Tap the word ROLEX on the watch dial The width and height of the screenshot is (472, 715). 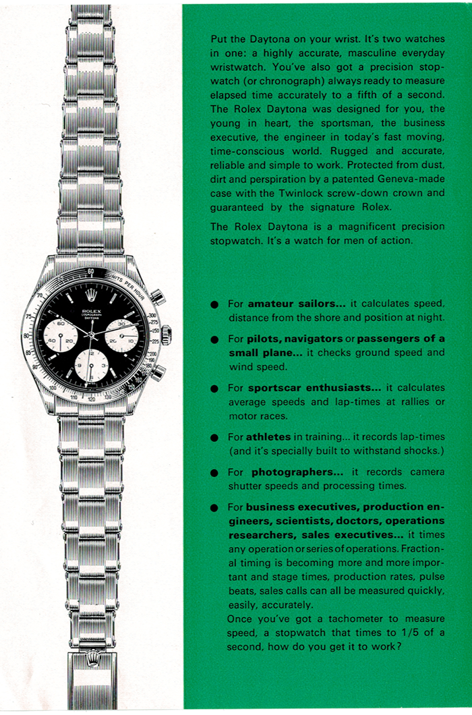click(x=90, y=304)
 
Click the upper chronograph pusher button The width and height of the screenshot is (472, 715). click(x=157, y=296)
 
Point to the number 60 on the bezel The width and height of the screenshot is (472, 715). click(x=91, y=271)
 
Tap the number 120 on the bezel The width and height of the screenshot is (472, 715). click(x=91, y=399)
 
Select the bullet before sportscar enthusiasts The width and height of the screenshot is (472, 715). click(x=214, y=389)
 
